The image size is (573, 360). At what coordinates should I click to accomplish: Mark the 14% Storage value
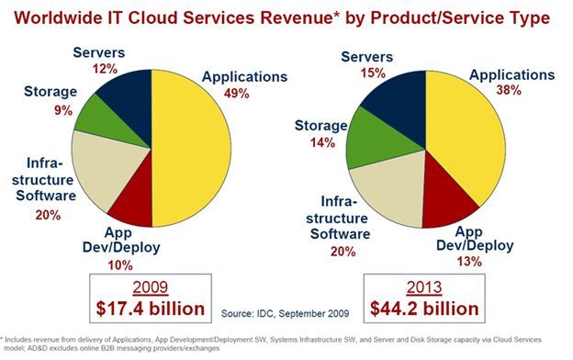click(315, 143)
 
